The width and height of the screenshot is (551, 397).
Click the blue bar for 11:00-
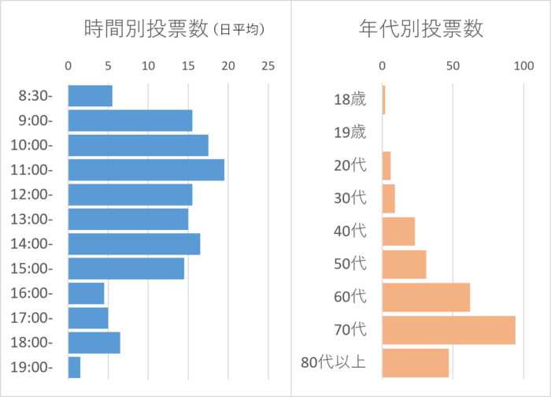point(146,170)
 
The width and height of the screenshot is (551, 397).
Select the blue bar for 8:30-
point(90,96)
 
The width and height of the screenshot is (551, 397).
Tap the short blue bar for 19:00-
point(74,367)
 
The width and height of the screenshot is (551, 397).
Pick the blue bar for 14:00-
point(134,244)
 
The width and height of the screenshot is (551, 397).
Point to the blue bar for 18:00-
point(94,343)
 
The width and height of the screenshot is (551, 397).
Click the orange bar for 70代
point(449,330)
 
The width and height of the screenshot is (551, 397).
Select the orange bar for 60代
point(426,297)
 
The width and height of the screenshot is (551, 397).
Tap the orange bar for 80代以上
point(415,363)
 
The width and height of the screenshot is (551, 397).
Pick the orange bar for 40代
point(398,232)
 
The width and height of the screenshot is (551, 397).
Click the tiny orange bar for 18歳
point(383,100)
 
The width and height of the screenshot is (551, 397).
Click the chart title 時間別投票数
point(146,29)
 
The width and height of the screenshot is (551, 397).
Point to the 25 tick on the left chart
point(268,67)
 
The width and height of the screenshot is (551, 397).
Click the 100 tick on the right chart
point(524,67)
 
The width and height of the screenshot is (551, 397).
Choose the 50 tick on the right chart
point(453,67)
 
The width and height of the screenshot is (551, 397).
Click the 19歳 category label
point(350,132)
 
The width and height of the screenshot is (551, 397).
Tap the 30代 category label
point(350,198)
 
